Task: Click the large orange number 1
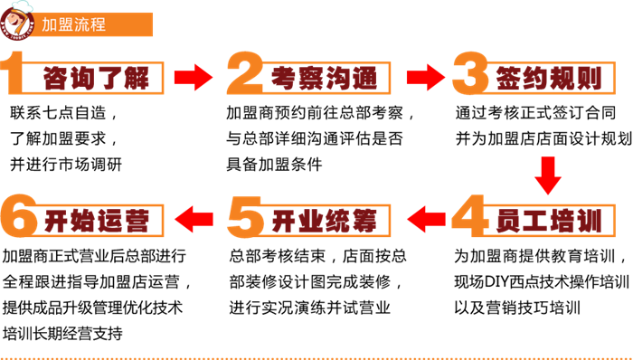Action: click(x=20, y=74)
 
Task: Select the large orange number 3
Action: click(x=472, y=74)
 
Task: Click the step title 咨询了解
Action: click(x=95, y=79)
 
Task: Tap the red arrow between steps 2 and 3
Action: click(x=423, y=76)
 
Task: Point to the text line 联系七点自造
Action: click(x=63, y=115)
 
